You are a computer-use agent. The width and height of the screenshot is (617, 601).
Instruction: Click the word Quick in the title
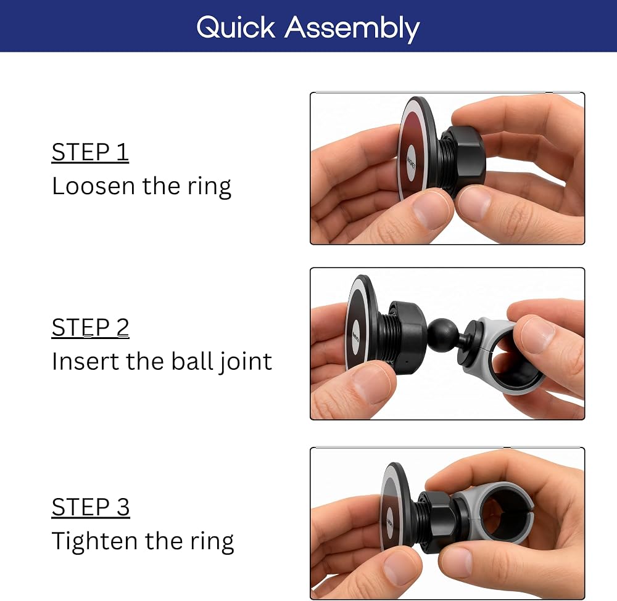click(236, 28)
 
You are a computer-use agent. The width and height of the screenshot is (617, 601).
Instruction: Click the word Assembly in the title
click(352, 29)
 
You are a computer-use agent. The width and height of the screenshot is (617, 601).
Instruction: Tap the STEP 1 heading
click(90, 152)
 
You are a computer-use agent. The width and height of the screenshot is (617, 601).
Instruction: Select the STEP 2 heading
click(91, 327)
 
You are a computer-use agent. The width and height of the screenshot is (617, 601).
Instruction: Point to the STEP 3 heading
click(91, 507)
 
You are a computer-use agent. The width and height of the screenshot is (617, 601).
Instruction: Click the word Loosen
click(94, 186)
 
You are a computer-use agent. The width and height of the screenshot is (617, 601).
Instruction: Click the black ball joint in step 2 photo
click(441, 335)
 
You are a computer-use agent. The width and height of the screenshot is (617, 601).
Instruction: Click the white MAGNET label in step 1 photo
click(411, 163)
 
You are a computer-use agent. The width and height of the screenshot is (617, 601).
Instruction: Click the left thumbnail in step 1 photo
click(432, 210)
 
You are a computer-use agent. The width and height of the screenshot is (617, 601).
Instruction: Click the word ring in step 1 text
click(209, 186)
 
